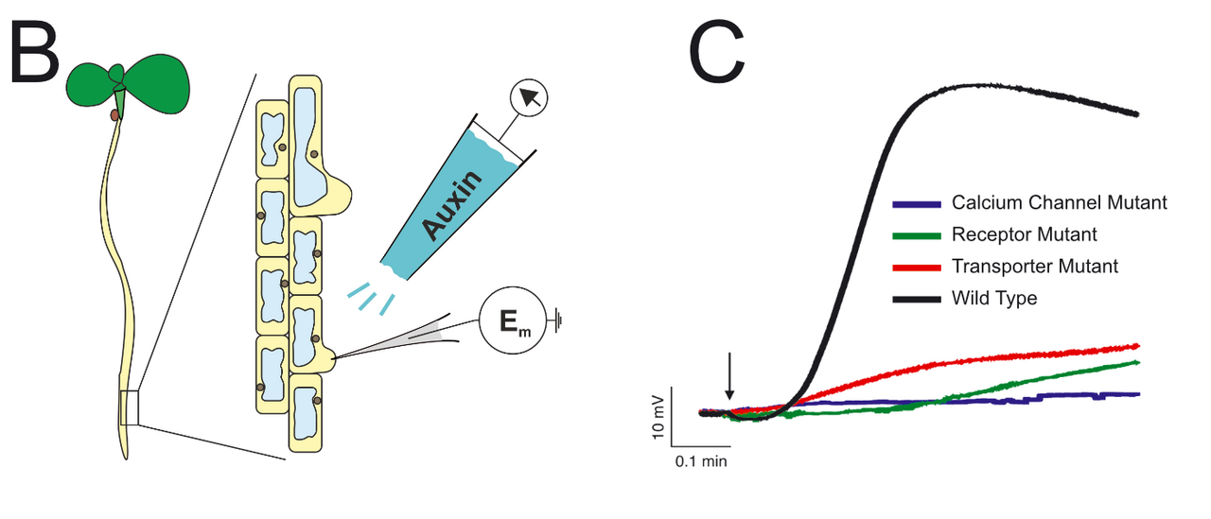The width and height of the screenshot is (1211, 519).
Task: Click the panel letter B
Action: tap(35, 59)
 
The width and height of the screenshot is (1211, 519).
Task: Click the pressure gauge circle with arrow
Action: tap(528, 99)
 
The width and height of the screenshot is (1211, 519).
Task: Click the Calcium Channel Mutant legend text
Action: tap(1060, 203)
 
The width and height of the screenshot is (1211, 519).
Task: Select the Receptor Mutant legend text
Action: tap(1025, 234)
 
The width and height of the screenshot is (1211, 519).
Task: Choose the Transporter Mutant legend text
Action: tap(1035, 267)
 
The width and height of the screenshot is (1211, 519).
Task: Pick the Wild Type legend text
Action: tap(994, 299)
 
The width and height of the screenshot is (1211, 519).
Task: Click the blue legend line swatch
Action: tap(917, 203)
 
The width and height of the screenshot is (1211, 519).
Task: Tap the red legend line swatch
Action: tap(917, 267)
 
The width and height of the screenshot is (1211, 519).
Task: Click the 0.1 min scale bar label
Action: tap(701, 462)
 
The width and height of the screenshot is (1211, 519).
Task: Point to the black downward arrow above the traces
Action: tap(729, 376)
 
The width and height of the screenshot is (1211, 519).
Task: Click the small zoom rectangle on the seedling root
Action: tap(130, 407)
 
